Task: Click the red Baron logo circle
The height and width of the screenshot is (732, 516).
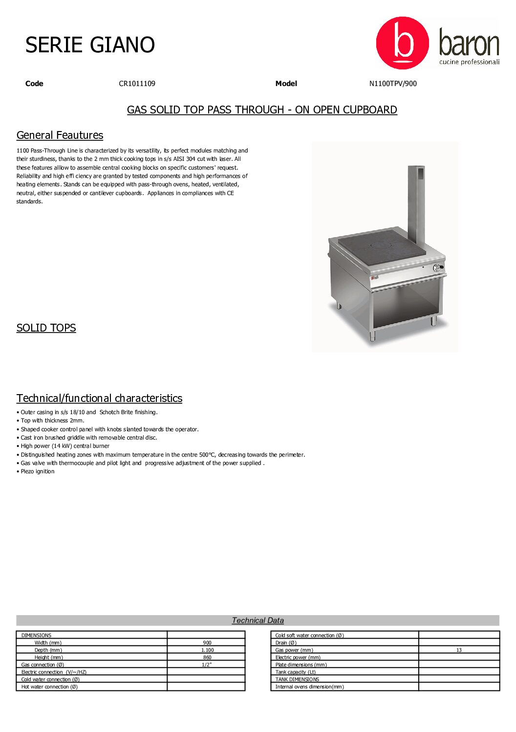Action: tap(402, 43)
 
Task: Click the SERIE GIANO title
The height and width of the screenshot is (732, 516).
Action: tap(90, 45)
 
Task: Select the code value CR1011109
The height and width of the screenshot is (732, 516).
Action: tap(137, 84)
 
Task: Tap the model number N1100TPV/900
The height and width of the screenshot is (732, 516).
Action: tap(393, 84)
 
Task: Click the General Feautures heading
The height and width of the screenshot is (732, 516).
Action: tap(60, 135)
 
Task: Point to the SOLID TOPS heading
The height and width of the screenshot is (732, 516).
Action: tap(46, 328)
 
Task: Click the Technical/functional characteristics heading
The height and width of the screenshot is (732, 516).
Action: tap(99, 399)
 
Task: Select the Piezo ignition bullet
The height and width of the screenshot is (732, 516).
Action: tap(37, 471)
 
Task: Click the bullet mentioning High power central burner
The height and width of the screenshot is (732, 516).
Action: tap(64, 446)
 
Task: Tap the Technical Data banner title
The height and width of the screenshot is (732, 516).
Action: tap(258, 621)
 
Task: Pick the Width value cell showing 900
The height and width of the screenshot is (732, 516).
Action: tap(207, 643)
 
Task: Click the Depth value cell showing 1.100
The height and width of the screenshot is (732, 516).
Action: tap(207, 650)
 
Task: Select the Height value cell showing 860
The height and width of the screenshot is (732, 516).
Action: tap(207, 657)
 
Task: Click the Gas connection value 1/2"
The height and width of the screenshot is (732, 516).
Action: tap(207, 665)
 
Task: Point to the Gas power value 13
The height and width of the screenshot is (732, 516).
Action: tap(459, 650)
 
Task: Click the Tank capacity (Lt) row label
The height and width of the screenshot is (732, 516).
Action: tap(295, 672)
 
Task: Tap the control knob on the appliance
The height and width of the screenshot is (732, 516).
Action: tap(437, 267)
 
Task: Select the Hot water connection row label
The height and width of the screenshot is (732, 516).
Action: tap(49, 687)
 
